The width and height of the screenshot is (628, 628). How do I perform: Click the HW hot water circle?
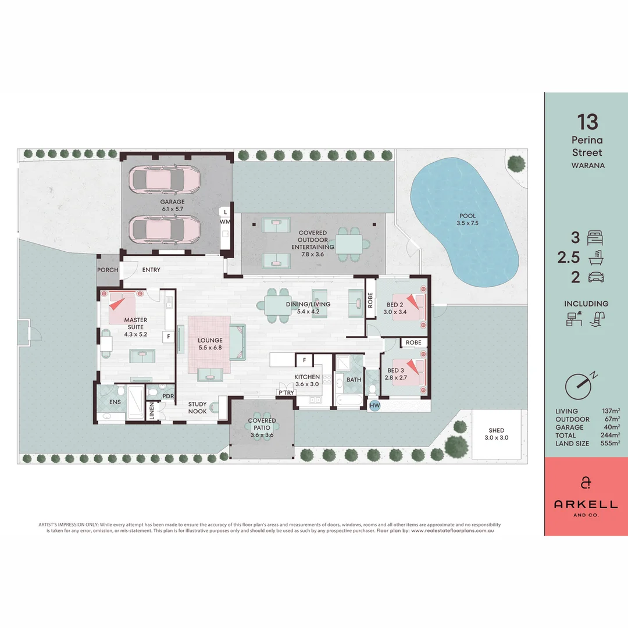[374, 405]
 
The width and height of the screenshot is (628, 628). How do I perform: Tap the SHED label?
[496, 430]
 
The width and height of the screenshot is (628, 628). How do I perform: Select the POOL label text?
[468, 216]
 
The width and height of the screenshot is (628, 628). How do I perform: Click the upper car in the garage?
[165, 181]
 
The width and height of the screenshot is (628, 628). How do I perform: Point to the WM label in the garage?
[224, 222]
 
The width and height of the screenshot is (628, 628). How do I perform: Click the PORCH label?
[108, 270]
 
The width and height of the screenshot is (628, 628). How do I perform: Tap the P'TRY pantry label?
[286, 392]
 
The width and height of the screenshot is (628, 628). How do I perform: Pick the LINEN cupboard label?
[152, 411]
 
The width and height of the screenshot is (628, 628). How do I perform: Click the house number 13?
[587, 122]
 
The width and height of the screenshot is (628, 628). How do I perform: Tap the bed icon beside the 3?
[595, 238]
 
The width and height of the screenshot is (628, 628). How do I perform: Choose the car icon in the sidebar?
[596, 277]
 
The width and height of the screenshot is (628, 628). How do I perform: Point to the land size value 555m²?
[610, 443]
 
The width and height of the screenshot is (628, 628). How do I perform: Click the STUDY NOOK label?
[198, 408]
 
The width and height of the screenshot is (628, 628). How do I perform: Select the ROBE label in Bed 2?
[370, 300]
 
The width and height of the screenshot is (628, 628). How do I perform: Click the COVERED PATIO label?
[262, 424]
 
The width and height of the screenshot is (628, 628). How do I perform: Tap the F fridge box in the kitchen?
[304, 360]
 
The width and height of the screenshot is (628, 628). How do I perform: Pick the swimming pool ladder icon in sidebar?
[598, 319]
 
